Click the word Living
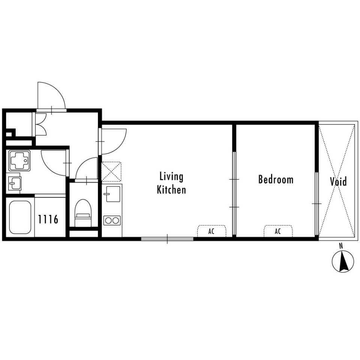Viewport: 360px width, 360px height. click(171, 177)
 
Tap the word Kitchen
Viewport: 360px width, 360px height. click(171, 190)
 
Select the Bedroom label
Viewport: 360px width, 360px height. click(276, 180)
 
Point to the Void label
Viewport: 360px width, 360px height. click(338, 182)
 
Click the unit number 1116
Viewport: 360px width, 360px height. click(48, 219)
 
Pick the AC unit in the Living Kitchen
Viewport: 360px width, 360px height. click(212, 231)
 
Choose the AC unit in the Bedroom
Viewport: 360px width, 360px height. click(278, 231)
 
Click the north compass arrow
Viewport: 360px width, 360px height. click(343, 262)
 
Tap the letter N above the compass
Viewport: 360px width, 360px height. click(341, 246)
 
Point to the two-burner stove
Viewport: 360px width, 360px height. click(112, 220)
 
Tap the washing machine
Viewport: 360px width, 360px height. click(19, 161)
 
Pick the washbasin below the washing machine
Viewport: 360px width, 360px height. click(15, 184)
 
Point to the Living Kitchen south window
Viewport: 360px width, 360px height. click(167, 238)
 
